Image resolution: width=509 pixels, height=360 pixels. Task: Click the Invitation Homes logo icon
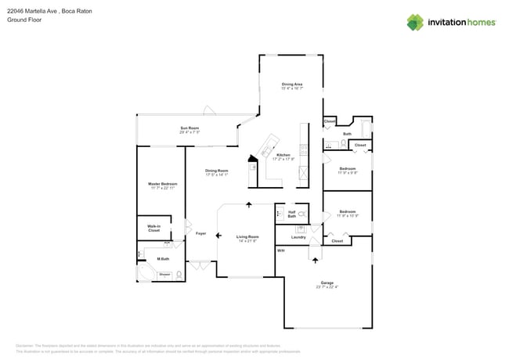tap(415, 22)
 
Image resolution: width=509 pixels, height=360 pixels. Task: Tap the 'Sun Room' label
tap(189, 128)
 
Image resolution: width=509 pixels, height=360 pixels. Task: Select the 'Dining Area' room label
tap(292, 84)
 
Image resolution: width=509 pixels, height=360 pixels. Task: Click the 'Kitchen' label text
tap(283, 155)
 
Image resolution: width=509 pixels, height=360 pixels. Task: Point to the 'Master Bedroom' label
tap(163, 184)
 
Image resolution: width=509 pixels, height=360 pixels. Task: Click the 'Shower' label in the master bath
tap(164, 274)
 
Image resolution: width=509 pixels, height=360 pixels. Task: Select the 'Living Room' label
tap(247, 236)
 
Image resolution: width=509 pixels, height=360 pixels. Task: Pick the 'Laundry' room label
tap(298, 236)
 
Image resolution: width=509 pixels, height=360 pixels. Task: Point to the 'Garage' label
tap(327, 283)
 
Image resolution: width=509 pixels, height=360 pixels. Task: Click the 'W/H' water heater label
tap(281, 250)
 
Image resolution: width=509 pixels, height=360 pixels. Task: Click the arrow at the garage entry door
tap(316, 258)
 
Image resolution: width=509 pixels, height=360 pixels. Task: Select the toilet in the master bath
tap(179, 274)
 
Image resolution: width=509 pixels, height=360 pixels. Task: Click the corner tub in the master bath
tap(144, 273)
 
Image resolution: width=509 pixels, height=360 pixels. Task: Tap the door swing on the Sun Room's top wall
tap(209, 110)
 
